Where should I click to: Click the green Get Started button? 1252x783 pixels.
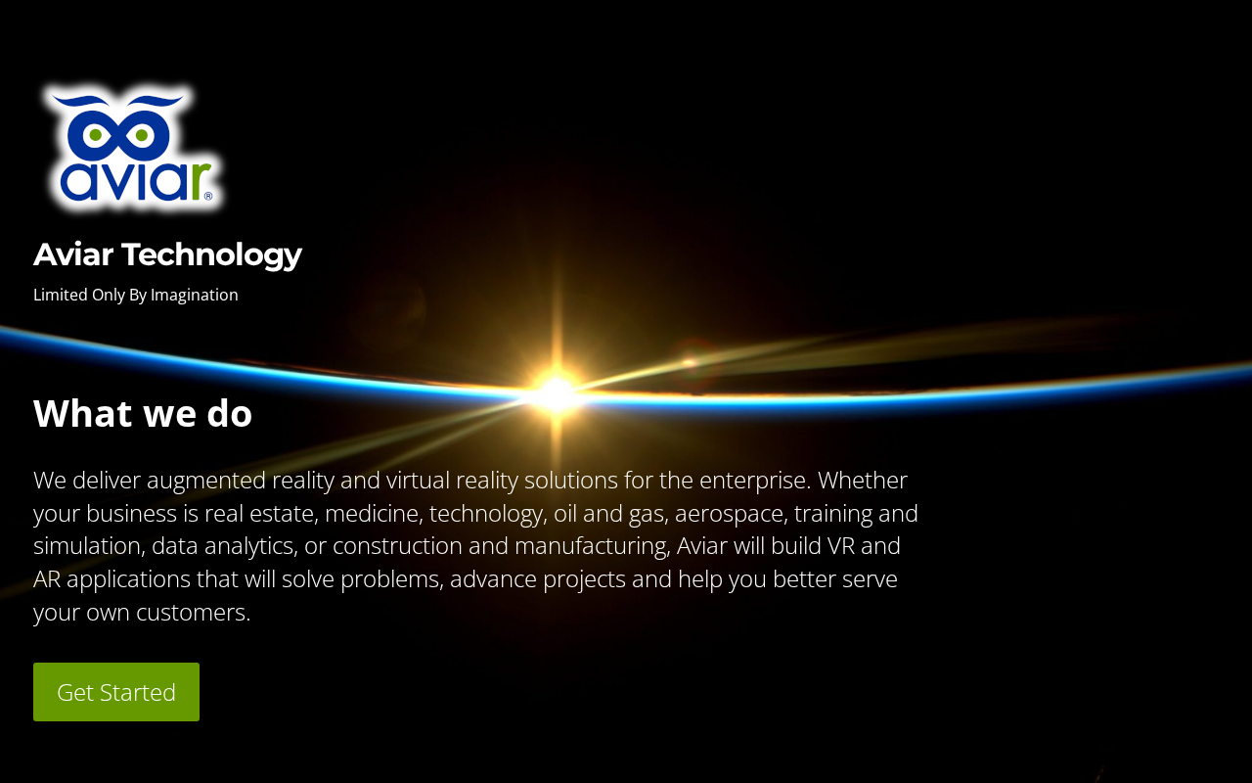point(116,692)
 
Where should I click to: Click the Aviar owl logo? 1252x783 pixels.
point(134,148)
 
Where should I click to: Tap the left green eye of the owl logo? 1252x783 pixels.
point(96,135)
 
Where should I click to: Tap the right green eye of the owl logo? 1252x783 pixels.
point(142,135)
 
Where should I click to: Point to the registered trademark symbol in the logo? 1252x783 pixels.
point(208,196)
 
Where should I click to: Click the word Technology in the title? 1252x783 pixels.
point(212,255)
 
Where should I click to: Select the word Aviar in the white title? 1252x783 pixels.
point(73,254)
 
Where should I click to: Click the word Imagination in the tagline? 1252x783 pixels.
point(195,296)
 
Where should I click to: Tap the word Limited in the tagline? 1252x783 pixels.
point(61,295)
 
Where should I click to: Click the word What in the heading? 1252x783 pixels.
point(84,414)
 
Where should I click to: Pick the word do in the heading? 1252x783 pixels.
point(229,414)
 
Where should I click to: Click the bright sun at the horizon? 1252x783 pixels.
point(556,393)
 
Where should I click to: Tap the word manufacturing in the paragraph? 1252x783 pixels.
point(592,547)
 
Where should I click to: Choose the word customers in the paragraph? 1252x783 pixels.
point(193,613)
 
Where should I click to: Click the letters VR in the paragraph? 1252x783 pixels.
point(841,546)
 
